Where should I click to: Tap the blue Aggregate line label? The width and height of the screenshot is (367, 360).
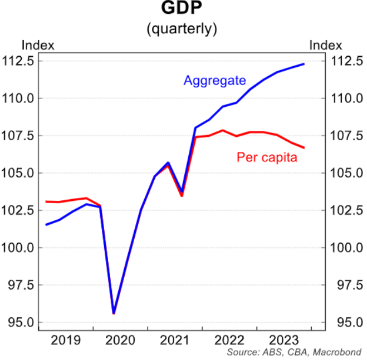click(x=214, y=81)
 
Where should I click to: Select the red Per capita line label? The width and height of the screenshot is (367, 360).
click(x=267, y=157)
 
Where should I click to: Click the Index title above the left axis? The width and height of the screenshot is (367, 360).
click(x=37, y=45)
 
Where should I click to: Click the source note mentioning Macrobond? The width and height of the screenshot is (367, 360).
click(x=294, y=352)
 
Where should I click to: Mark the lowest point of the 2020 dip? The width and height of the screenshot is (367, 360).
click(x=114, y=313)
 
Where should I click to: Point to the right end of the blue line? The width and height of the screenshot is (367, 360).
click(x=304, y=64)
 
